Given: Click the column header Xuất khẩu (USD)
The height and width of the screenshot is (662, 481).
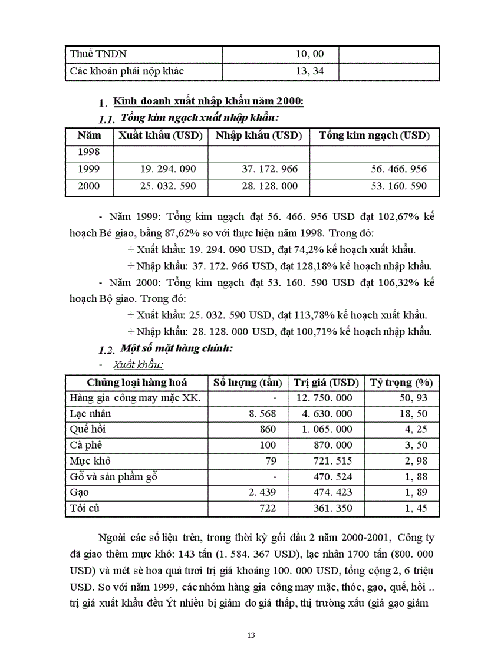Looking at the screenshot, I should pyautogui.click(x=160, y=136).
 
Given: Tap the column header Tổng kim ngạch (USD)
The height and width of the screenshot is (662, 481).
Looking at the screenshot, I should pyautogui.click(x=374, y=136).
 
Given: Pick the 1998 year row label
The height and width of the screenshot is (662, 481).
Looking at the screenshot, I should pyautogui.click(x=88, y=152).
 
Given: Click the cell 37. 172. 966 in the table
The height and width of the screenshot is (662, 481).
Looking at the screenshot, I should pyautogui.click(x=270, y=169).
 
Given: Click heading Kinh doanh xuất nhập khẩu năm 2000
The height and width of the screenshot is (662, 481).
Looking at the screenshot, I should pyautogui.click(x=209, y=101).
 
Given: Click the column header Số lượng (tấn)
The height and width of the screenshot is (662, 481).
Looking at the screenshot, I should pyautogui.click(x=248, y=382).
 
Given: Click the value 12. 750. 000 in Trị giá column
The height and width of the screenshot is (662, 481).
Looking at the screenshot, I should pyautogui.click(x=324, y=398).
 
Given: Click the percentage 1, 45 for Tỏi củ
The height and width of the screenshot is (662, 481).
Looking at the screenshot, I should pyautogui.click(x=416, y=508).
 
